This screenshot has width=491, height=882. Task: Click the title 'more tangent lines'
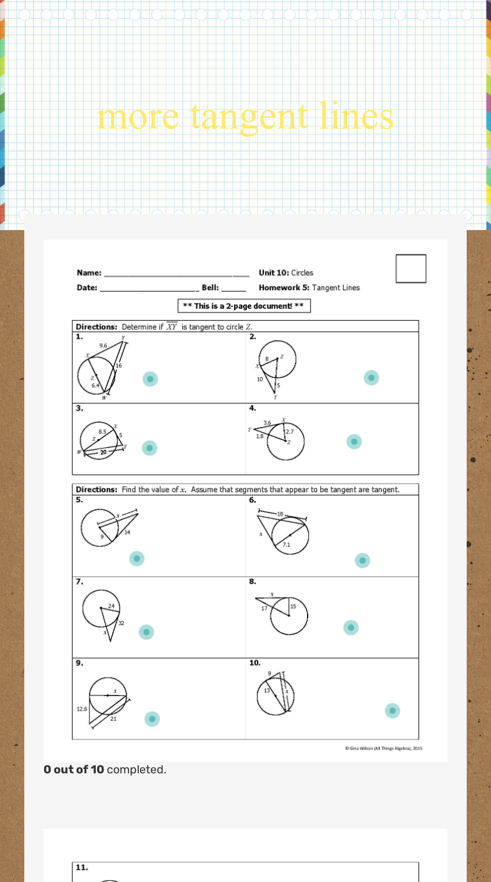[x=245, y=117]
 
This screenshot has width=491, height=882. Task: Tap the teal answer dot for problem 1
[x=150, y=379]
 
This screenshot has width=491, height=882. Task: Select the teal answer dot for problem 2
[x=371, y=378]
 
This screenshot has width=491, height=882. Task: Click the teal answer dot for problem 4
[x=354, y=442]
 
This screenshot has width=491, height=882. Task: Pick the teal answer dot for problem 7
[x=146, y=632]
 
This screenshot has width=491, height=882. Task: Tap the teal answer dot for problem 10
[x=393, y=711]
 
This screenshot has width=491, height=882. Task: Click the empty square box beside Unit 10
[x=410, y=268]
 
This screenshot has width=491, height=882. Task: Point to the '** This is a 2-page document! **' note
[x=244, y=306]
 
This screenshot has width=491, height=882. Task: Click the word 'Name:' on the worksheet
[x=89, y=273]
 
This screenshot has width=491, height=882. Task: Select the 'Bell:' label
[x=210, y=288]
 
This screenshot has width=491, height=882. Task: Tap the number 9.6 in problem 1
[x=104, y=345]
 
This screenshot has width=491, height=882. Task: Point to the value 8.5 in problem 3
[x=102, y=432]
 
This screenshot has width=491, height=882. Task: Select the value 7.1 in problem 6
[x=287, y=545]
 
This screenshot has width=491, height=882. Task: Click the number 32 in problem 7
[x=121, y=623]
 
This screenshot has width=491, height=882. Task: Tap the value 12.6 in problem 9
[x=82, y=709]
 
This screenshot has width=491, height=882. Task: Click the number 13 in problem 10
[x=267, y=692]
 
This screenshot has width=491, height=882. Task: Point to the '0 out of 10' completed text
[x=74, y=770]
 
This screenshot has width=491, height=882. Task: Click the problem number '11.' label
[x=82, y=867]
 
